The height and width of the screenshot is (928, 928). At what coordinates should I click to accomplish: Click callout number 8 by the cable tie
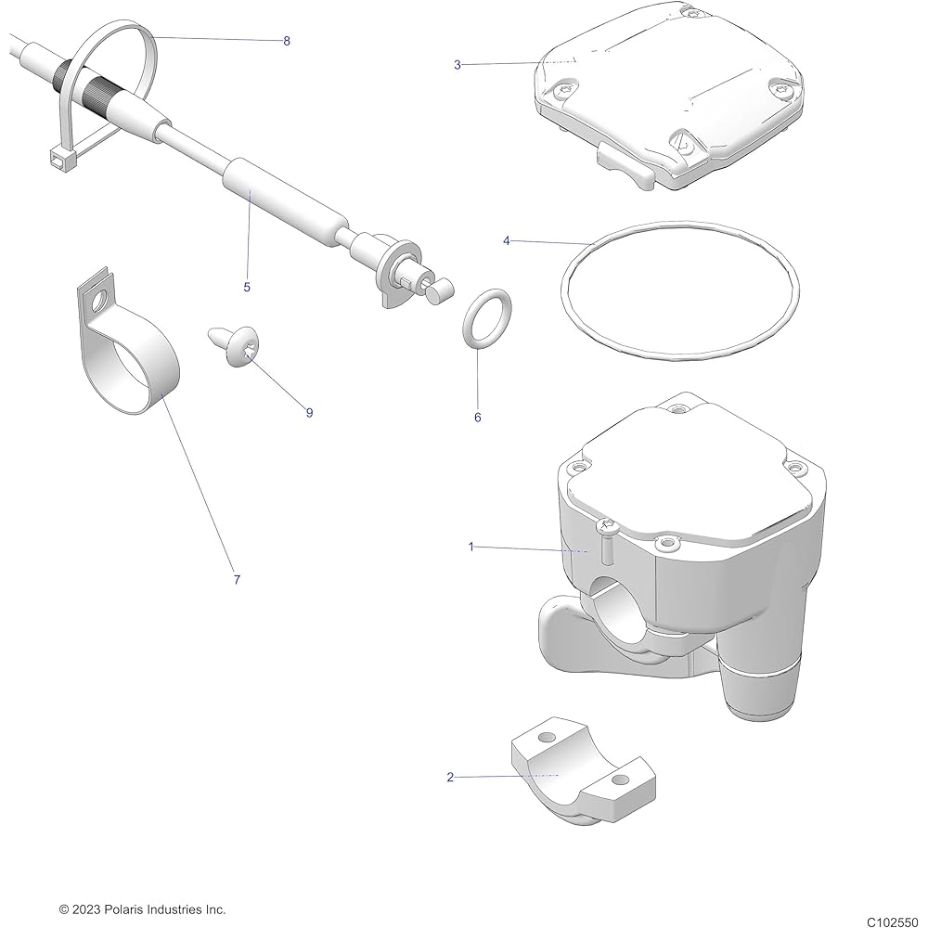tap(287, 41)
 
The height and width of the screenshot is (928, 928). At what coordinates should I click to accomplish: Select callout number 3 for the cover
tap(458, 65)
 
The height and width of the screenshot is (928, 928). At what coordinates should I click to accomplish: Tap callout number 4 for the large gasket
tap(506, 240)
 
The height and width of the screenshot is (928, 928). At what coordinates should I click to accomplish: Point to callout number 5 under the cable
tap(247, 287)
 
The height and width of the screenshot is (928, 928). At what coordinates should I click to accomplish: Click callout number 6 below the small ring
tap(478, 418)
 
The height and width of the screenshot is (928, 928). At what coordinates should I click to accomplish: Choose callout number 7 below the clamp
tap(237, 580)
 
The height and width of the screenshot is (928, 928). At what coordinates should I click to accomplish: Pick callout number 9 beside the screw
tap(310, 413)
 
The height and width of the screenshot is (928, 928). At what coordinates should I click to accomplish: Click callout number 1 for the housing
tap(470, 548)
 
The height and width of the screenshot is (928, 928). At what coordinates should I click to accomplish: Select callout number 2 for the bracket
tap(451, 777)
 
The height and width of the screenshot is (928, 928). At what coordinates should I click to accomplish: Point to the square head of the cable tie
tap(58, 159)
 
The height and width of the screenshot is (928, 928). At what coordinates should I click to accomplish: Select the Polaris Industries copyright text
tap(142, 909)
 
